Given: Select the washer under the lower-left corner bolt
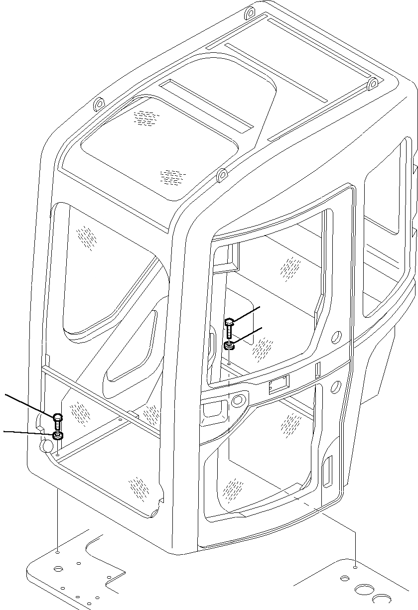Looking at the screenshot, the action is click(58, 436).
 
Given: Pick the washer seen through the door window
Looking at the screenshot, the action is click(229, 345).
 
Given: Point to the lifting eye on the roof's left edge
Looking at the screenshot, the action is click(98, 105).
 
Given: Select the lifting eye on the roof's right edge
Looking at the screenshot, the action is click(372, 85).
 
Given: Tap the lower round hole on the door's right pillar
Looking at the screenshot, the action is click(336, 386).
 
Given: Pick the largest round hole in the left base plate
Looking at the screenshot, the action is click(59, 568).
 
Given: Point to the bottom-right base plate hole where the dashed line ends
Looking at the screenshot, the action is click(355, 567).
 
